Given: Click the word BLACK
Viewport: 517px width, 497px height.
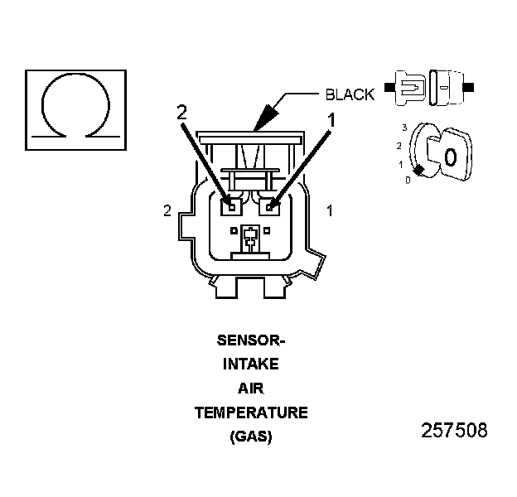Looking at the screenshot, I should (350, 95).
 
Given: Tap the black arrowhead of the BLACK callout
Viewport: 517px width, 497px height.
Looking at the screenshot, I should (262, 119).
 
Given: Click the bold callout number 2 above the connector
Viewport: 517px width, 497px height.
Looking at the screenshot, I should (182, 113).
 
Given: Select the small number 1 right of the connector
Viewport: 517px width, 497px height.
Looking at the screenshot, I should (329, 211).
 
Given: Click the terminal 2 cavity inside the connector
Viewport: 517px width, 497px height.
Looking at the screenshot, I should (232, 205).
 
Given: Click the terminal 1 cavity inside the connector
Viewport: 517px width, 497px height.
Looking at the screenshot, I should (270, 205).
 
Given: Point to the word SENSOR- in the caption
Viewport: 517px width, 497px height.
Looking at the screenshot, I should (250, 340).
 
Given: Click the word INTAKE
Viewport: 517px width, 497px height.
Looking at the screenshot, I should (250, 364).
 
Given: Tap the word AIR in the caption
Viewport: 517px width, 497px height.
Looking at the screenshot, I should (250, 388).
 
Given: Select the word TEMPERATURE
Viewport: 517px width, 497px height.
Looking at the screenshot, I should (250, 413).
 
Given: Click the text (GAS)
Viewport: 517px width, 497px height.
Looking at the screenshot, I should (250, 437).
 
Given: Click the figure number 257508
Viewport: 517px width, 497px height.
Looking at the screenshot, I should (454, 431).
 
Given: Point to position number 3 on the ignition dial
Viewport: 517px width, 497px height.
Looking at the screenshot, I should (403, 128).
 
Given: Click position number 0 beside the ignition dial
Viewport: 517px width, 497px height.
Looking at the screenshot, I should (407, 180).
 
